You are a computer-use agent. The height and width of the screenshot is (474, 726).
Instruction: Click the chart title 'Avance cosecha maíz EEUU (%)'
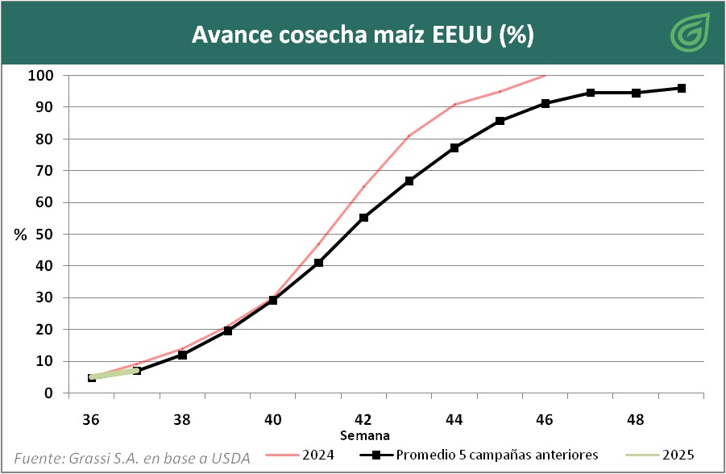(363, 35)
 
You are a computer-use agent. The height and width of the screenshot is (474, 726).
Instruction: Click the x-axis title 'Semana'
(363, 435)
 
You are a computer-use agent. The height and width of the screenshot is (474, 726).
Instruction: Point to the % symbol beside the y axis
(20, 235)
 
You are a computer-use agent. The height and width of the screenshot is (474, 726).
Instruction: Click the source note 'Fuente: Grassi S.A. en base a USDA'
(132, 456)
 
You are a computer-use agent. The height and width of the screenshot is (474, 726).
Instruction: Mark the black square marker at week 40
(273, 300)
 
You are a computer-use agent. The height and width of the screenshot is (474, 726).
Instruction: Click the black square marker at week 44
(454, 148)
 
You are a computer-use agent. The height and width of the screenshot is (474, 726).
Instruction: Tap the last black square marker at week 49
(681, 88)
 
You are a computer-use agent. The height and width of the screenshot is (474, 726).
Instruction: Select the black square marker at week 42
(363, 218)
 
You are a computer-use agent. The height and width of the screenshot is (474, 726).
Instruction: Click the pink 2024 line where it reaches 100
(545, 76)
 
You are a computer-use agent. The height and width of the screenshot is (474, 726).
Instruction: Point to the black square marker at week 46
(546, 103)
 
